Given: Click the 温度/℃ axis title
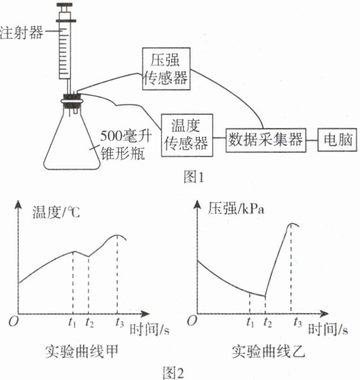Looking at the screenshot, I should tap(56, 212).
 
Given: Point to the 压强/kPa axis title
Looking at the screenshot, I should tap(237, 209).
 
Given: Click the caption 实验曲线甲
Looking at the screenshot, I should tap(82, 352).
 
